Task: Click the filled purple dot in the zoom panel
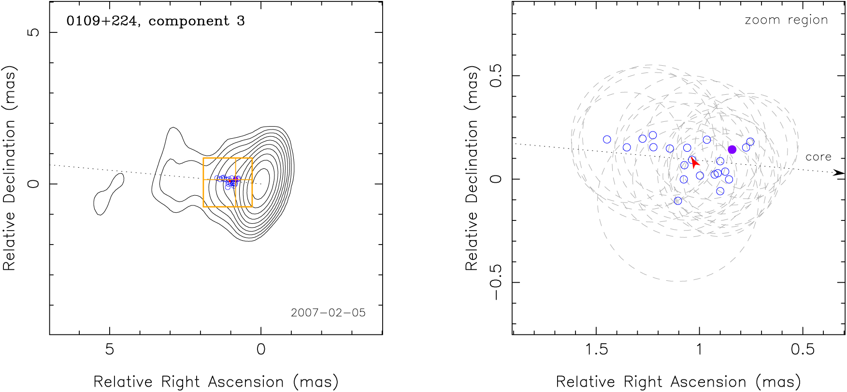pos(732,149)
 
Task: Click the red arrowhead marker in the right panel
pos(695,163)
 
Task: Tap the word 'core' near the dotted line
pos(818,157)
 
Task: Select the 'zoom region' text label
pos(786,20)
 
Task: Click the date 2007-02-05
pos(328,313)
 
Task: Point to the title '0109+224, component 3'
pos(156,21)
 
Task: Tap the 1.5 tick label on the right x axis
pos(596,349)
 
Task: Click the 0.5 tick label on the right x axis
pos(803,349)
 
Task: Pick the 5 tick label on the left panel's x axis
pos(110,349)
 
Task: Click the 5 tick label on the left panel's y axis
pos(33,32)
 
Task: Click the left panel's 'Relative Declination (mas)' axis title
pos(10,167)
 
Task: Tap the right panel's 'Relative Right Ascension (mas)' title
pos(678,382)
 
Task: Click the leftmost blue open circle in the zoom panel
pos(607,140)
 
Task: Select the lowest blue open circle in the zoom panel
pos(678,201)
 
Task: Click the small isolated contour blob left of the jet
pos(109,194)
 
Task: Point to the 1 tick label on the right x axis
pos(699,349)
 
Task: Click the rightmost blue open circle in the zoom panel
pos(750,142)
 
